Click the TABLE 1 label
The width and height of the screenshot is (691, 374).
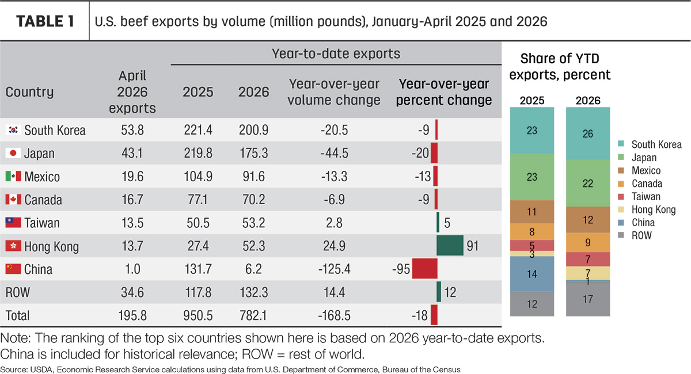pos(45,22)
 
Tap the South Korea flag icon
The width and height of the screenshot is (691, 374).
pos(13,130)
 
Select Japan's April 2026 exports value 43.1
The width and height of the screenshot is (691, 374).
pos(132,153)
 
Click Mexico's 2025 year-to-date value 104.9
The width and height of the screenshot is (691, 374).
pos(198,177)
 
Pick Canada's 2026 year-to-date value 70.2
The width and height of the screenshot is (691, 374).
pos(253,200)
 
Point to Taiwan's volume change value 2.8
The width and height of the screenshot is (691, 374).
pos(334,223)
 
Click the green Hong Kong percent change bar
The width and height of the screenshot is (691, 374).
pos(450,246)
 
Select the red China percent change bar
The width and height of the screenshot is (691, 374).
pos(425,269)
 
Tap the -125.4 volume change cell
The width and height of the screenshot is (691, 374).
pos(335,269)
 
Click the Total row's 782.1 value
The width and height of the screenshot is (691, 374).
pos(253,315)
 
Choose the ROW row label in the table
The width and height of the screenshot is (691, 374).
pos(18,292)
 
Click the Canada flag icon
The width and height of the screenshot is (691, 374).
pos(13,200)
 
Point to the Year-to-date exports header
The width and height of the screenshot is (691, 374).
pos(336,54)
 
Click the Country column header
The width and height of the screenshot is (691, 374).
pos(29,92)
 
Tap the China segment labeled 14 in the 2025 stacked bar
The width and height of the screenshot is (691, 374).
pos(532,274)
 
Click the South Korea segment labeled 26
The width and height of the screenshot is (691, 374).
pos(588,133)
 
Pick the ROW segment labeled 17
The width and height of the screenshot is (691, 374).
pos(588,299)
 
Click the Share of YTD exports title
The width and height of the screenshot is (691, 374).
pos(560,67)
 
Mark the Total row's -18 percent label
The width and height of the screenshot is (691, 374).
pos(420,315)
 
